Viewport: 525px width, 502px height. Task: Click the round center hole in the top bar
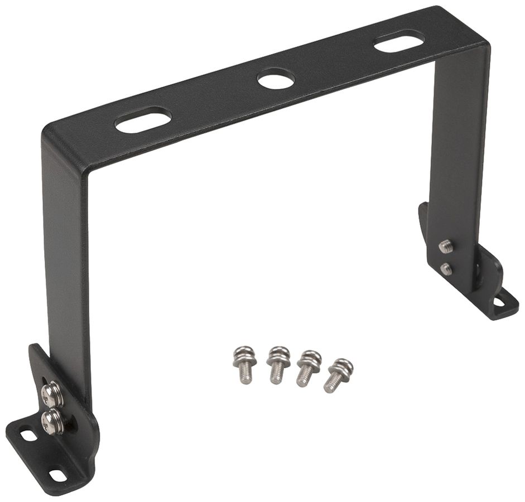click(276, 79)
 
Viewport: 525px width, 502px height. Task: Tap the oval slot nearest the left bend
click(143, 119)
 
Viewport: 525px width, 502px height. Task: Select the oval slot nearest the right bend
click(399, 41)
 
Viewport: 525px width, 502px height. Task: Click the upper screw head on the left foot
click(52, 394)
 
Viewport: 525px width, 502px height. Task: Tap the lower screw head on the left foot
click(53, 421)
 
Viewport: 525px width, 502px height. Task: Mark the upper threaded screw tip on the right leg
click(445, 246)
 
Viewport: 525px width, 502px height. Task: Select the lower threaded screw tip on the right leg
click(446, 269)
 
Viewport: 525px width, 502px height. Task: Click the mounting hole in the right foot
click(499, 302)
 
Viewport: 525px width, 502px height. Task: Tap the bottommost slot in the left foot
click(57, 475)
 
